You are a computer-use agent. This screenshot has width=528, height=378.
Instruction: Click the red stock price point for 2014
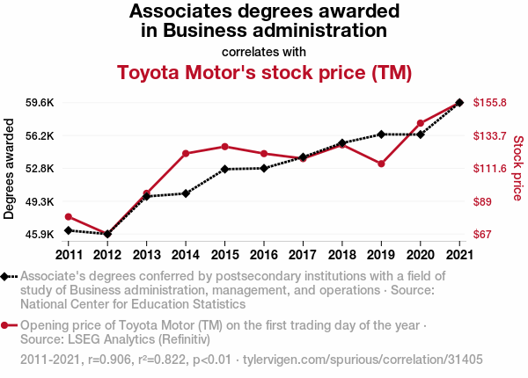pyautogui.click(x=186, y=154)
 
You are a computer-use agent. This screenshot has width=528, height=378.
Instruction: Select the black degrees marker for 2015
pyautogui.click(x=225, y=169)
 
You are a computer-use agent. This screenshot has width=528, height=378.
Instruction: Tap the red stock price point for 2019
pyautogui.click(x=381, y=164)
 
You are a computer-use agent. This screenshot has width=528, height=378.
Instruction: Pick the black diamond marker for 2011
pyautogui.click(x=69, y=230)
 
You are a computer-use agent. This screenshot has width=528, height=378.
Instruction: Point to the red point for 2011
pyautogui.click(x=69, y=216)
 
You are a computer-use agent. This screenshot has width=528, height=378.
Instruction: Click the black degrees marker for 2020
pyautogui.click(x=421, y=134)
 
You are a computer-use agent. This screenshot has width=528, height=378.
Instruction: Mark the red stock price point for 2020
pyautogui.click(x=421, y=123)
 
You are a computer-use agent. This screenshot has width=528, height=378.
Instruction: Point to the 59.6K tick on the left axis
pyautogui.click(x=40, y=103)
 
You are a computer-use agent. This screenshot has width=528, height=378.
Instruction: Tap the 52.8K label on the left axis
pyautogui.click(x=40, y=169)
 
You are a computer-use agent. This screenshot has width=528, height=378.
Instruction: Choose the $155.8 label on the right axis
pyautogui.click(x=489, y=103)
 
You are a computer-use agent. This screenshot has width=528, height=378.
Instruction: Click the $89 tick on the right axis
pyautogui.click(x=482, y=201)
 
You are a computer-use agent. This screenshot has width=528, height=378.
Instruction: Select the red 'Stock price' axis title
pyautogui.click(x=517, y=167)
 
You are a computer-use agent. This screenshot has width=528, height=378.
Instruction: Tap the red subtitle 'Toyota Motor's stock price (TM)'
pyautogui.click(x=264, y=72)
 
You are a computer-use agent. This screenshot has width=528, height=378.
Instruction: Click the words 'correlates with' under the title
pyautogui.click(x=264, y=50)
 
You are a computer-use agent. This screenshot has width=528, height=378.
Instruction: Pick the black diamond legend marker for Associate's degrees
pyautogui.click(x=6, y=277)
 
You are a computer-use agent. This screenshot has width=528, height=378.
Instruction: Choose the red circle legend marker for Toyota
pyautogui.click(x=6, y=325)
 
